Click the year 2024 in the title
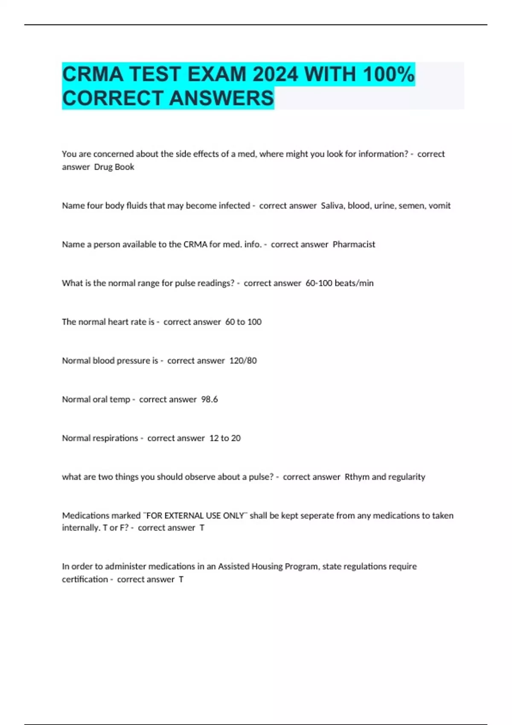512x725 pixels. coord(275,74)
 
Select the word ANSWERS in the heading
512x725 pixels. coord(221,98)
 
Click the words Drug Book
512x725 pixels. coord(114,167)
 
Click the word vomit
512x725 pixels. coord(439,206)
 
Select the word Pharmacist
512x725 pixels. coord(354,244)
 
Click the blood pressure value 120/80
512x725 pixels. coord(243,361)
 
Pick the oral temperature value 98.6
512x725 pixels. coord(209,400)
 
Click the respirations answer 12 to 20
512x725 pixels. coord(225,438)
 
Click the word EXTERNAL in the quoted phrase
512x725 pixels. coord(183,516)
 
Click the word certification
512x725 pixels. coord(85,579)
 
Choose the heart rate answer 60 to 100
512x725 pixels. coord(243,322)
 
